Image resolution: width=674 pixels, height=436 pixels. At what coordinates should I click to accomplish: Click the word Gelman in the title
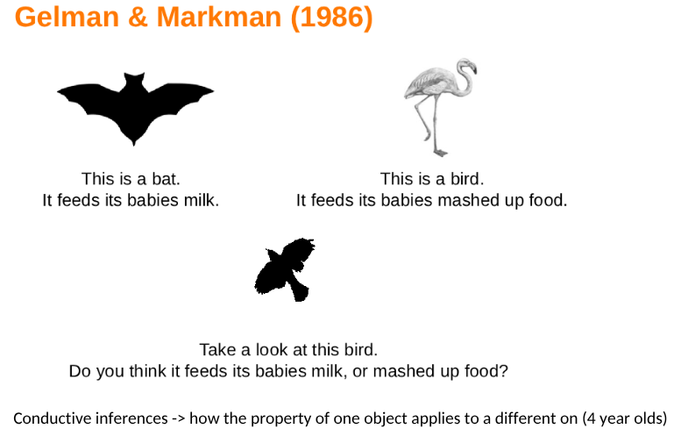[x=67, y=18]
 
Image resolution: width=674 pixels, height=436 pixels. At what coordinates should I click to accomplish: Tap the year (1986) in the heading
[x=331, y=18]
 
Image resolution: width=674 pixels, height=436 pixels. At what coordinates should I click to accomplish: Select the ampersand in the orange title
[x=138, y=18]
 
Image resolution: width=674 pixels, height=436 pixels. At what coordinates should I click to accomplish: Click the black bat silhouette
[x=135, y=109]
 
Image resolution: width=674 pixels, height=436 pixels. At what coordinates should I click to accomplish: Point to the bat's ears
[x=134, y=77]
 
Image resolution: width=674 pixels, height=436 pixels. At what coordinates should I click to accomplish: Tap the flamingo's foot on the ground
[x=441, y=152]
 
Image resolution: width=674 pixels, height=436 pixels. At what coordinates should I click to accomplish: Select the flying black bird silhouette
[x=285, y=269]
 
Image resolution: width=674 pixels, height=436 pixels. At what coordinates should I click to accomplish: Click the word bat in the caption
[x=166, y=179]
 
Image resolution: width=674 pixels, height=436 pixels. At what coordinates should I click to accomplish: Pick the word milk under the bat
[x=202, y=201]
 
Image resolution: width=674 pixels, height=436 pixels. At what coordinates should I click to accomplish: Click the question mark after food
[x=504, y=371]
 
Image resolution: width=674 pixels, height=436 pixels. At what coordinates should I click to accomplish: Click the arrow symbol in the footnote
[x=178, y=418]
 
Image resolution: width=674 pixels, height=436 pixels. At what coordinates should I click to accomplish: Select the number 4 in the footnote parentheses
[x=592, y=418]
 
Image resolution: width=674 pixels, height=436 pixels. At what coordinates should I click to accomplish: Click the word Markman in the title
[x=219, y=18]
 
